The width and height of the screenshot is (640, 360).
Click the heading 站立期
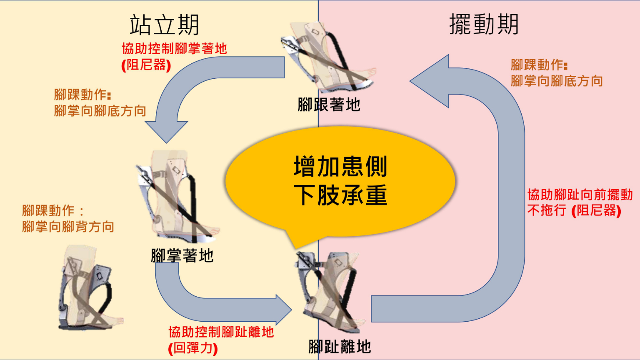(164, 25)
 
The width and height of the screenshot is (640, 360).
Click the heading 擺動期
(484, 24)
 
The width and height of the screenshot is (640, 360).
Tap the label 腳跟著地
(329, 105)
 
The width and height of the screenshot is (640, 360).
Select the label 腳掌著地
(182, 255)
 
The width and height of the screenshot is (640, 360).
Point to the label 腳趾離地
(340, 346)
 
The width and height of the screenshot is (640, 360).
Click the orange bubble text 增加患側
(340, 167)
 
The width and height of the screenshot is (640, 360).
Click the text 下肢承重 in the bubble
(340, 195)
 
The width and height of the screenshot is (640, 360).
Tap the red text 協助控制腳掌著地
(174, 49)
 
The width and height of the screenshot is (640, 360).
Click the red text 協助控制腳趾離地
(221, 332)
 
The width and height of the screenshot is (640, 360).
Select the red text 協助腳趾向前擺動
(580, 195)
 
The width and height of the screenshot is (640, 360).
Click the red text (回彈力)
(193, 348)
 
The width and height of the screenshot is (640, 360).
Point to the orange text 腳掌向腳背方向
(68, 227)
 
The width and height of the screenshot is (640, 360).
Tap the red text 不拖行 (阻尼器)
(574, 210)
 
